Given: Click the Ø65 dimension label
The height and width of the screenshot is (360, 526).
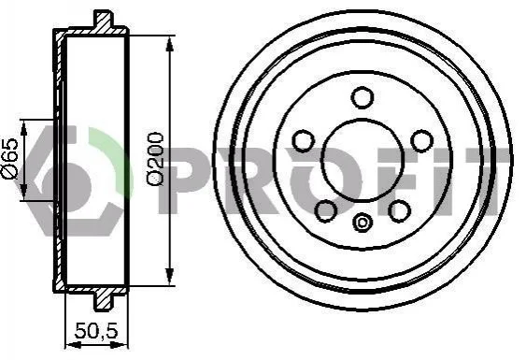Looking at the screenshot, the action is click(x=9, y=158).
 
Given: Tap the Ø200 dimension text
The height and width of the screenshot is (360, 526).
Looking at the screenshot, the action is click(x=155, y=158).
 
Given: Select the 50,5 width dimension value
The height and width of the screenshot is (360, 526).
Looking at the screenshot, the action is click(x=96, y=330).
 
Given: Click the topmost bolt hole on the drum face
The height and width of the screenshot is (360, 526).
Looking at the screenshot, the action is click(x=363, y=97).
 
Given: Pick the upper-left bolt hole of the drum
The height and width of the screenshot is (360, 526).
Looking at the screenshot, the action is click(x=304, y=141).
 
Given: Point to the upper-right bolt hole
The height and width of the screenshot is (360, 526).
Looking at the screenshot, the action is click(x=422, y=141).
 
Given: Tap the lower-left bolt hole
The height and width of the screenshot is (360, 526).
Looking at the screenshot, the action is click(x=326, y=210).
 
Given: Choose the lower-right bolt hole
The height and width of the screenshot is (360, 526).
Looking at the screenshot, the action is click(x=399, y=210).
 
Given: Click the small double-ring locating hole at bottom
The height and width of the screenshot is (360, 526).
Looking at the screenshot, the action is click(x=363, y=223).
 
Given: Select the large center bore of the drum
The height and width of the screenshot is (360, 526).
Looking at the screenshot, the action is click(x=363, y=161).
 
